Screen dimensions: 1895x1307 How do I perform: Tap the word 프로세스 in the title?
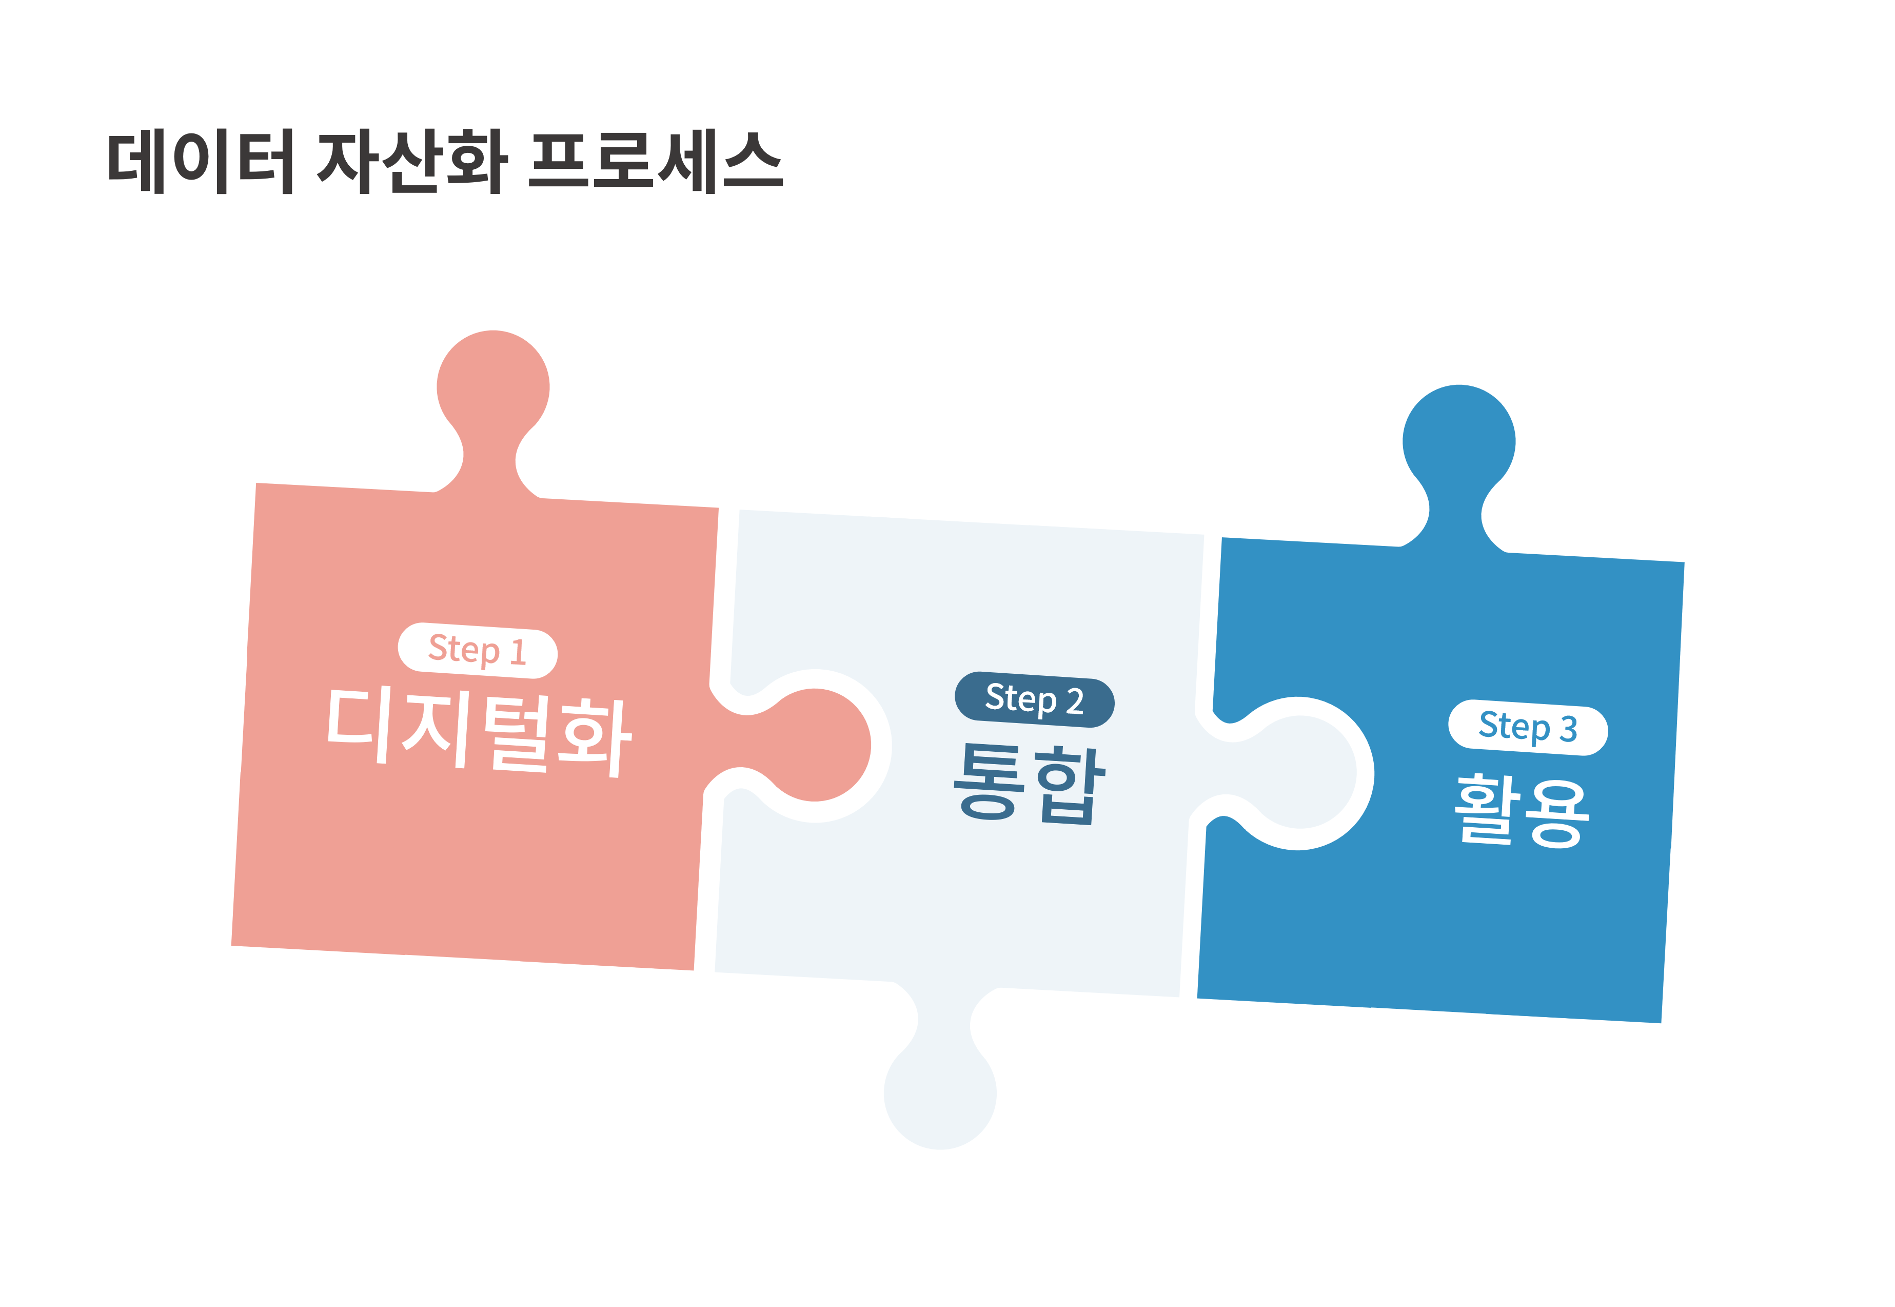point(656,161)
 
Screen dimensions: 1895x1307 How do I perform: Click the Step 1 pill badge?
point(478,651)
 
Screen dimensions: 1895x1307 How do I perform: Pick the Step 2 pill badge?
point(1035,700)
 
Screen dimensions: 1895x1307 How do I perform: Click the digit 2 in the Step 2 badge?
point(1075,702)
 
